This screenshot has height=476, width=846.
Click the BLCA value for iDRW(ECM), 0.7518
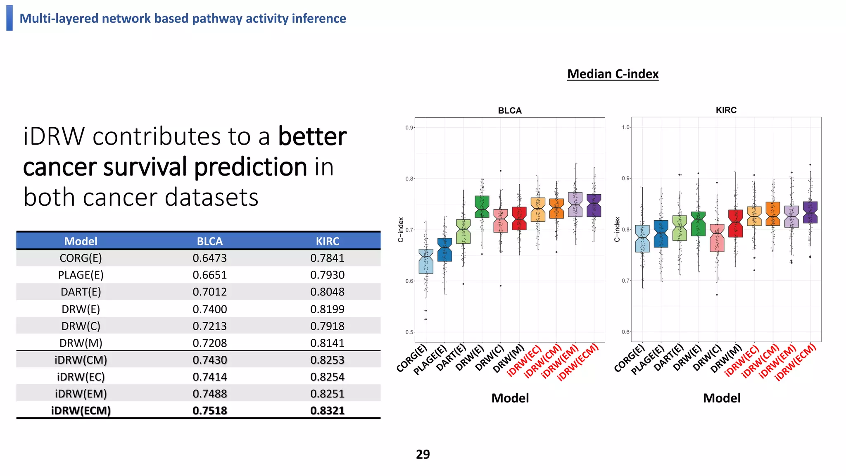[x=210, y=411]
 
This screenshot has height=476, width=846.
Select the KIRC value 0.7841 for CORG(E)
[x=327, y=258]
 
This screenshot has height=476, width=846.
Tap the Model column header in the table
[x=81, y=241]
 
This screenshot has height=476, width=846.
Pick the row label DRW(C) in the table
[x=81, y=326]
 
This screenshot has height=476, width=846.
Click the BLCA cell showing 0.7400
[x=210, y=309]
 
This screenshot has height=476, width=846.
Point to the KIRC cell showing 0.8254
[x=327, y=377]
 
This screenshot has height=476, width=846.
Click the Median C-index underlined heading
[x=613, y=74]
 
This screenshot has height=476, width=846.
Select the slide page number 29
[x=423, y=454]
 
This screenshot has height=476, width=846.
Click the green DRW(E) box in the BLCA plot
[x=482, y=207]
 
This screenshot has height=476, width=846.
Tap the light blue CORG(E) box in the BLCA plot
[x=426, y=261]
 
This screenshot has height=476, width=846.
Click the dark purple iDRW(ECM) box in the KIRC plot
[x=810, y=212]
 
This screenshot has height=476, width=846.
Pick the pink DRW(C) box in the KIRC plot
[x=717, y=238]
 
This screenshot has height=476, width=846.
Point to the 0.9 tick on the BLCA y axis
[x=409, y=128]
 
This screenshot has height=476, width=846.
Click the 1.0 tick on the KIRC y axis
[x=625, y=127]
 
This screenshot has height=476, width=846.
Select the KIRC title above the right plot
[x=726, y=110]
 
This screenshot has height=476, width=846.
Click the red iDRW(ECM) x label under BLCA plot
[x=578, y=362]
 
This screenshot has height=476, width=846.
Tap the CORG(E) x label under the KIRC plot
[x=630, y=358]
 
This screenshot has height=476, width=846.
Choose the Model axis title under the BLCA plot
[x=510, y=398]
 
